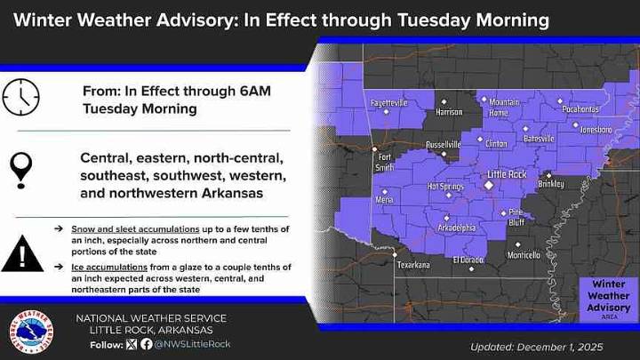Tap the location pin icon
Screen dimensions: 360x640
21,167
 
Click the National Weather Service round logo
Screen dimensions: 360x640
30,332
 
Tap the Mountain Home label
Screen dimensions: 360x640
504,108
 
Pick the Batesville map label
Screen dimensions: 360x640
537,139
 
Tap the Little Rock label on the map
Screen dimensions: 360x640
507,174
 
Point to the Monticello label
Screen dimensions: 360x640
524,255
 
